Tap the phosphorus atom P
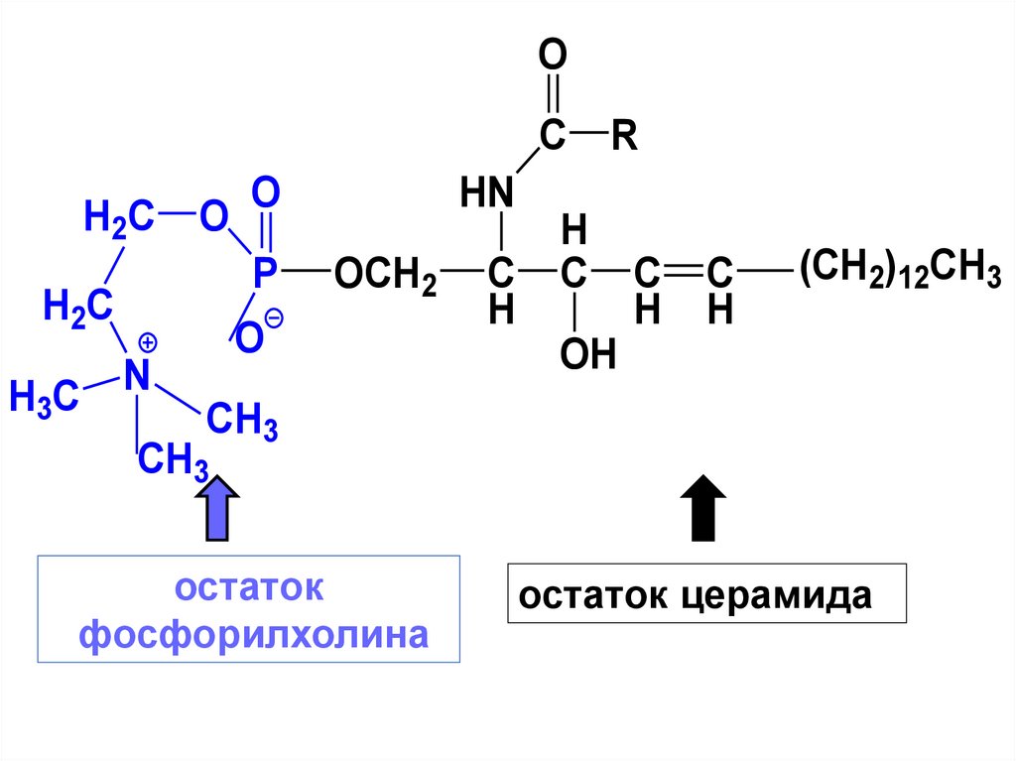262,273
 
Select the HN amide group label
487,192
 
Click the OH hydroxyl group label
588,354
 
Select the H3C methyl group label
44,397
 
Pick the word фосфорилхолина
253,634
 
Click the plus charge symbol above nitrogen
148,343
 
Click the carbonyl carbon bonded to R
552,136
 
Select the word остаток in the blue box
249,587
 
